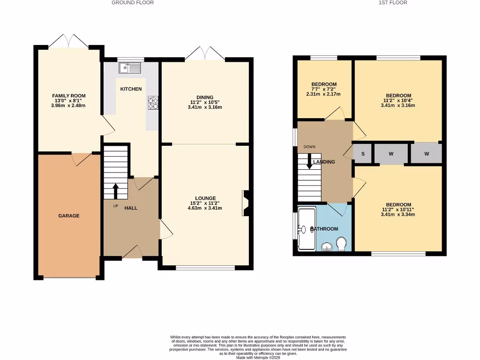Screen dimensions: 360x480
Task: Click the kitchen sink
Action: coord(130,68)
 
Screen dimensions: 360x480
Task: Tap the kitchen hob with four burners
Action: coord(153,103)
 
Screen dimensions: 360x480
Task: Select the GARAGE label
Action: coord(69,216)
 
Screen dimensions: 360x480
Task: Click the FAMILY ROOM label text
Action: coord(69,96)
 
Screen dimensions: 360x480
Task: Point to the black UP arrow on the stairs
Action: coord(115,191)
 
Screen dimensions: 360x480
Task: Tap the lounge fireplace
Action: coord(245,203)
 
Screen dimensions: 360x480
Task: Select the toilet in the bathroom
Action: coord(342,243)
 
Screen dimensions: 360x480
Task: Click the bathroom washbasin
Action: coord(327,245)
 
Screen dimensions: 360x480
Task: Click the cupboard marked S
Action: coord(362,154)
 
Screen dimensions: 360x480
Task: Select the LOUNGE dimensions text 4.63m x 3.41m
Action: coord(206,208)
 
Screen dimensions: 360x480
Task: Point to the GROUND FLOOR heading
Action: coord(133,3)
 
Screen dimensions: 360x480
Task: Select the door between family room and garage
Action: coord(82,159)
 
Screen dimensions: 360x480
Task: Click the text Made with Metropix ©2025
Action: coord(258,357)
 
